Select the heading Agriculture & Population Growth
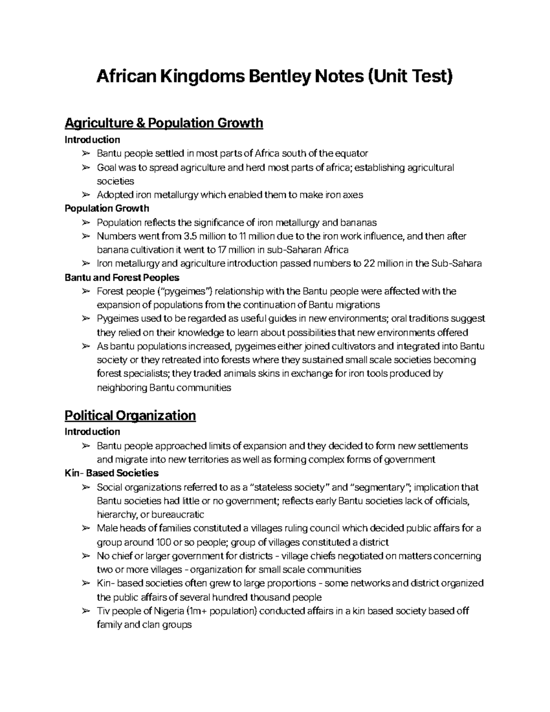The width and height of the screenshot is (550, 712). pyautogui.click(x=164, y=123)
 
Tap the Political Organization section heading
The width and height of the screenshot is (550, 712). pyautogui.click(x=130, y=415)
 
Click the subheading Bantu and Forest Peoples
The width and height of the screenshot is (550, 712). pyautogui.click(x=122, y=277)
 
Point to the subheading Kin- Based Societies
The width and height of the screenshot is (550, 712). pyautogui.click(x=111, y=473)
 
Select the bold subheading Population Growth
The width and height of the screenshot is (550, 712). pyautogui.click(x=107, y=209)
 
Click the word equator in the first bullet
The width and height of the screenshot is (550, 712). pyautogui.click(x=352, y=153)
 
